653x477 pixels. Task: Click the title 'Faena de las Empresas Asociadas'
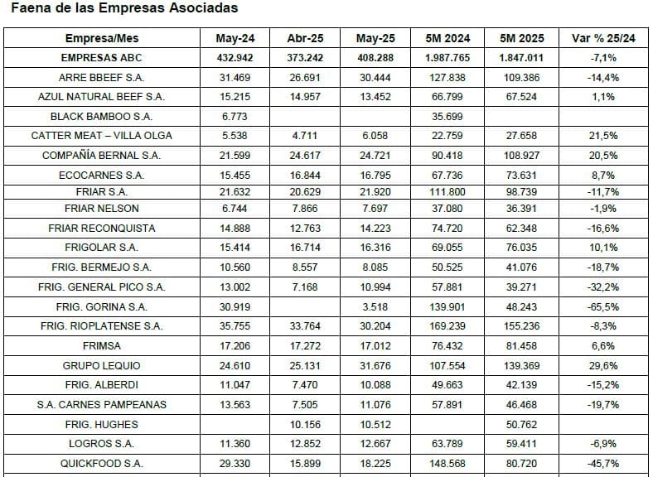[x=124, y=8]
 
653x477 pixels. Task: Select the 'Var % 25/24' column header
[x=603, y=38]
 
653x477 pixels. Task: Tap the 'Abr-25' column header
[x=305, y=38]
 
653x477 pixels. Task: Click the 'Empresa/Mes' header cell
[x=102, y=38]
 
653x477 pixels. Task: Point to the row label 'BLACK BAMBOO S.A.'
[x=102, y=117]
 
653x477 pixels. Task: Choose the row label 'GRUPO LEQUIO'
[x=102, y=366]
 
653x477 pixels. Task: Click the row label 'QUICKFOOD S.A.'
[x=102, y=463]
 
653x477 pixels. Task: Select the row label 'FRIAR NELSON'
[x=102, y=209]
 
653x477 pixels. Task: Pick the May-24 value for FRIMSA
[x=235, y=346]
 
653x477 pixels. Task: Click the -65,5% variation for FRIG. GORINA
[x=603, y=307]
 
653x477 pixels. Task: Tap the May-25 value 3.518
[x=375, y=307]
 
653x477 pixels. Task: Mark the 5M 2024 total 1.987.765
[x=447, y=58]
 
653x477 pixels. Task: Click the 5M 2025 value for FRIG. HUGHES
[x=521, y=425]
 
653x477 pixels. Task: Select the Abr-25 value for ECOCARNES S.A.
[x=305, y=176]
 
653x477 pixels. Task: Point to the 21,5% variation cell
[x=603, y=136]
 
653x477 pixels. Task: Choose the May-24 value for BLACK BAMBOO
[x=235, y=117]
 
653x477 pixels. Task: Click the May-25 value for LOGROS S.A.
[x=375, y=444]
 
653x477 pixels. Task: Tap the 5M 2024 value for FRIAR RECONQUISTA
[x=447, y=228]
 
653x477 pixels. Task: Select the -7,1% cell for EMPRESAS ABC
[x=603, y=58]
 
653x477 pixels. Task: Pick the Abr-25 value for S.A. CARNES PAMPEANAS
[x=305, y=405]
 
